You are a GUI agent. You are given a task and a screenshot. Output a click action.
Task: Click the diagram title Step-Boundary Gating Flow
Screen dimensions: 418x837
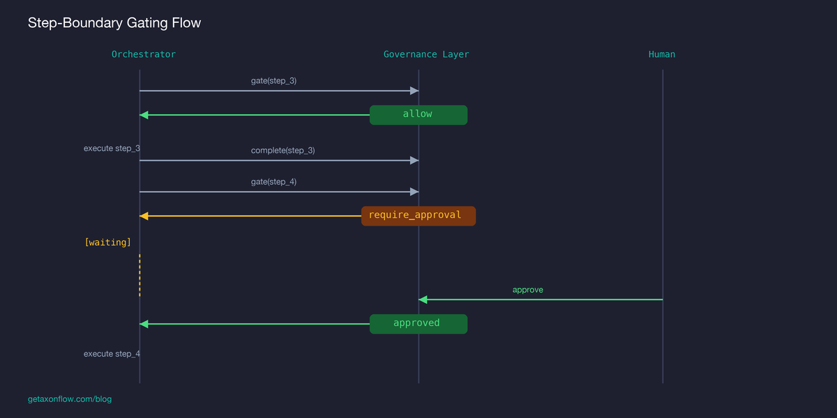(x=114, y=23)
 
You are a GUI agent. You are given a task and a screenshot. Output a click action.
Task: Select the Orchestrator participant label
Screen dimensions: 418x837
(x=144, y=54)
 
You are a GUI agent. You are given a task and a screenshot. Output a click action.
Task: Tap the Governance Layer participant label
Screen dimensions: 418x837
(x=426, y=54)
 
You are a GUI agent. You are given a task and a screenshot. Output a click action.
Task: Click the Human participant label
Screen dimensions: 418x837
(x=661, y=54)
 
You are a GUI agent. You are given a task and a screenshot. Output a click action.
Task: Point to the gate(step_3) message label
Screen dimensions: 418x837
(x=273, y=81)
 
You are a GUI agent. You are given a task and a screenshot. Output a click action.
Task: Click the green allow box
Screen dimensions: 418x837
(x=418, y=114)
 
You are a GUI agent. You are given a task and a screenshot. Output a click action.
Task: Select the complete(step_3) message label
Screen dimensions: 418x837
(x=282, y=150)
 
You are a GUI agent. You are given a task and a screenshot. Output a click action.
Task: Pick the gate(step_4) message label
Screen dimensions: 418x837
(x=273, y=182)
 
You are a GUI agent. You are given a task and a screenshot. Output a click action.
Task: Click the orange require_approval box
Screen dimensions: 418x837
(x=418, y=215)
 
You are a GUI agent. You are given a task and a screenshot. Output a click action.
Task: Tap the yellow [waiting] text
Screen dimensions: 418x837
(x=107, y=242)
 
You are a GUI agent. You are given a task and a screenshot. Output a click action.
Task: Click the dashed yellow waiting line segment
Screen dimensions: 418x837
(x=139, y=275)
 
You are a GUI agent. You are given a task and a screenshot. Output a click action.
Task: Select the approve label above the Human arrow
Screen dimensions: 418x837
(x=527, y=290)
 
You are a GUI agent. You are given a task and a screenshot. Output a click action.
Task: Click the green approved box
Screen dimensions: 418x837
(x=418, y=323)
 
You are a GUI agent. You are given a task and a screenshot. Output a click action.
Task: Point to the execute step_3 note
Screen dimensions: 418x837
(x=112, y=148)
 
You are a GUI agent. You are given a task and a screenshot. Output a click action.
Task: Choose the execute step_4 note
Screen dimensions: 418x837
(x=112, y=354)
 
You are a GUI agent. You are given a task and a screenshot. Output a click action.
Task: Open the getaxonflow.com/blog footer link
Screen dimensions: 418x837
(x=70, y=399)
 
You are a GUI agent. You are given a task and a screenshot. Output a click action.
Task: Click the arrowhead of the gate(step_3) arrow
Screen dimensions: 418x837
(x=414, y=91)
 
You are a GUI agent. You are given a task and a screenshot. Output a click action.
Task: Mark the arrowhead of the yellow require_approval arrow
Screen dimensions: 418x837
(x=144, y=216)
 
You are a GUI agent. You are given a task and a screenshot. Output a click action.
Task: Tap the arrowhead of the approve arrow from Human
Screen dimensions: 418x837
(x=423, y=300)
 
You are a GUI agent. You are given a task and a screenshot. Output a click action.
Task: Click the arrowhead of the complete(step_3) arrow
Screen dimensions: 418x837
(x=414, y=160)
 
